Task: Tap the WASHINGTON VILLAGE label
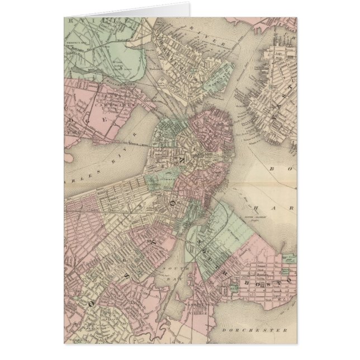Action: pyautogui.click(x=198, y=302)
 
